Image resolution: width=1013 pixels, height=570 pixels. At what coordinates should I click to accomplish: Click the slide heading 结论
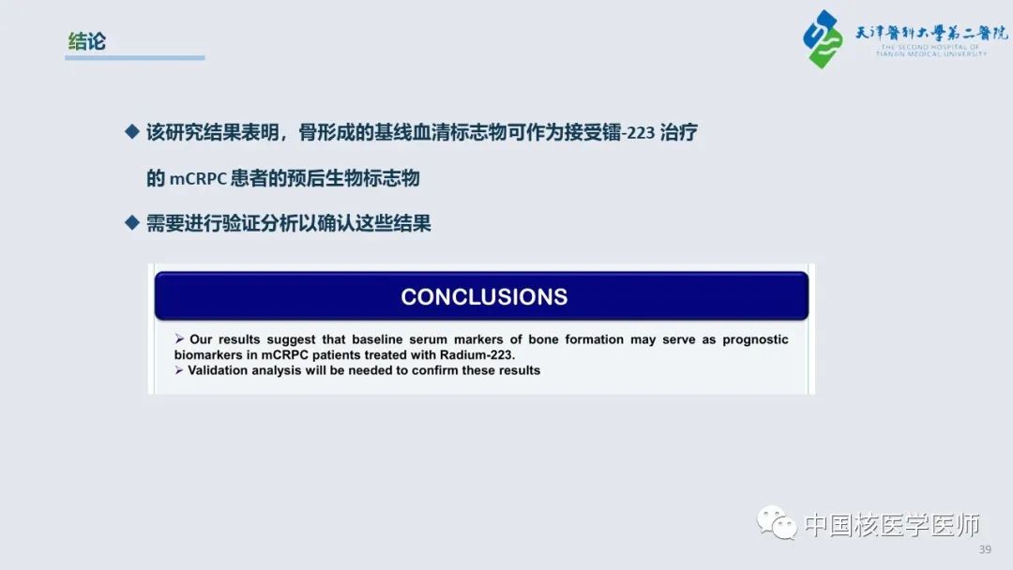point(86,41)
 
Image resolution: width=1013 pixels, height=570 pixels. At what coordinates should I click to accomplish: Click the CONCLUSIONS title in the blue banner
point(484,297)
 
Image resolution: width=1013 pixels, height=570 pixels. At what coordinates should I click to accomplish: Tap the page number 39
point(985,549)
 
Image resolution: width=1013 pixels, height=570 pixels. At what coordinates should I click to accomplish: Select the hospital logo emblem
point(823,38)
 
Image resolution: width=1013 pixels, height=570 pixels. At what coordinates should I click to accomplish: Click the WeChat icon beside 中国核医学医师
point(778,522)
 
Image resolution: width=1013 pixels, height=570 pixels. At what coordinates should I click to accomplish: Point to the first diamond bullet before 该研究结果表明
point(132,131)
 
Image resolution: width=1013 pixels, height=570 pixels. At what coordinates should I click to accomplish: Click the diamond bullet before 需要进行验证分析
point(132,223)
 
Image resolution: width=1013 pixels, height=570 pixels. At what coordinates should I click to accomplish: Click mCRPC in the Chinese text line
point(198,179)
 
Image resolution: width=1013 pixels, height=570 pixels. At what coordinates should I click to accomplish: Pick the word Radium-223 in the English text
point(476,355)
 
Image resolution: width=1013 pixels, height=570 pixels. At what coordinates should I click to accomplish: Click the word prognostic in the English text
point(755,340)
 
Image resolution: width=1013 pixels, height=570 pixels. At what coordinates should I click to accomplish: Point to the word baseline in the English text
point(377,339)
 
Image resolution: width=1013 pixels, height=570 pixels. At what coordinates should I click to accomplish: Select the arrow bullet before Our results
point(179,338)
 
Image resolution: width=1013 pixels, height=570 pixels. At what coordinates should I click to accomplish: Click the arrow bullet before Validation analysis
point(179,370)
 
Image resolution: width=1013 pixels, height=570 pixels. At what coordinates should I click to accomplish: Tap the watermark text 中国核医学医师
point(892,525)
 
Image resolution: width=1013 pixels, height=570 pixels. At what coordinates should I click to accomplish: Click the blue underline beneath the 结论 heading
point(135,57)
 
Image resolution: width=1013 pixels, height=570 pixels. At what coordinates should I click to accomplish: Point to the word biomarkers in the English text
point(208,355)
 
